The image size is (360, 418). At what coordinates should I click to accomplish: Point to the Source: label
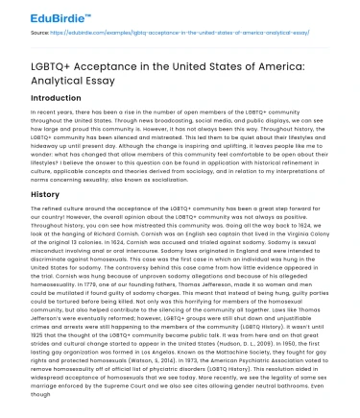[23, 32]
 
